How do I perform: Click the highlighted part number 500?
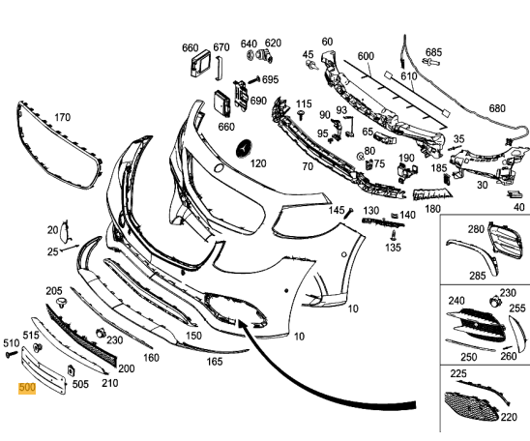(x=27, y=388)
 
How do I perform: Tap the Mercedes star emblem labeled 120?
(x=245, y=148)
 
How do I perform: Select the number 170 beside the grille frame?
(x=63, y=118)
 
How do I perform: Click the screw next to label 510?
(x=12, y=355)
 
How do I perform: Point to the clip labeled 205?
(x=61, y=302)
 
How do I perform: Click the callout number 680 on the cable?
(x=497, y=108)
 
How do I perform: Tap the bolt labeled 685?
(x=431, y=62)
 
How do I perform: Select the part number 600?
(x=366, y=56)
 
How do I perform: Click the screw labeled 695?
(x=253, y=80)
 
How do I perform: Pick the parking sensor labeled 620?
(x=265, y=56)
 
